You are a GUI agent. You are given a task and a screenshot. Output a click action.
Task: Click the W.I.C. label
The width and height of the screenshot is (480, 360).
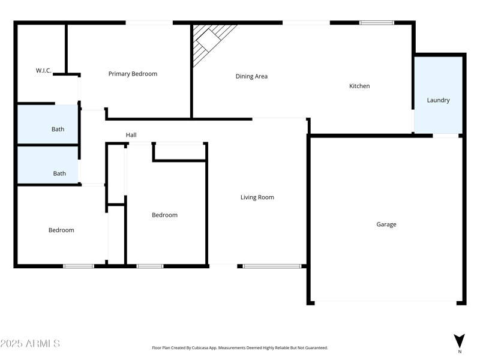click(43, 70)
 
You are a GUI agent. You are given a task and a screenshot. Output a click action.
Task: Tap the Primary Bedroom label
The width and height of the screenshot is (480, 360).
click(133, 74)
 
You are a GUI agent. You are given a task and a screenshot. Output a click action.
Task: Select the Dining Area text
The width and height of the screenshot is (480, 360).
click(251, 76)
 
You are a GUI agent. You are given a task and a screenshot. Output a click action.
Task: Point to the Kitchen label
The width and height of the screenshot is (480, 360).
click(359, 86)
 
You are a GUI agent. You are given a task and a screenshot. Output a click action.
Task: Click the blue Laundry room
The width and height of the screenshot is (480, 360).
click(438, 96)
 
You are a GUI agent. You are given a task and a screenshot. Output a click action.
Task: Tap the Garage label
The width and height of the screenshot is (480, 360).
click(386, 224)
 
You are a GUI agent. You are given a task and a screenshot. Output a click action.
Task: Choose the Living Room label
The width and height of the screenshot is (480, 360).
click(257, 197)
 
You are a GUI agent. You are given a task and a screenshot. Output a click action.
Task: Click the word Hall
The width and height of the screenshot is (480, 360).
click(131, 135)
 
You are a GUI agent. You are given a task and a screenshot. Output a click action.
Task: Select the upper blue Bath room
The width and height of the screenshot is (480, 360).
click(48, 125)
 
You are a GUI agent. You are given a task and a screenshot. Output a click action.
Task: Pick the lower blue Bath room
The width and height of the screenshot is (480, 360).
click(48, 165)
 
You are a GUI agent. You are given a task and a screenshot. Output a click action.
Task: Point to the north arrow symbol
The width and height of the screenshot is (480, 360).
click(459, 340)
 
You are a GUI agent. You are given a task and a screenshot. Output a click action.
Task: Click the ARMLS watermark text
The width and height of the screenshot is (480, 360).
click(30, 344)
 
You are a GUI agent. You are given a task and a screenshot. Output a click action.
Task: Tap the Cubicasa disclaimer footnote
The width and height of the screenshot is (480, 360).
click(240, 347)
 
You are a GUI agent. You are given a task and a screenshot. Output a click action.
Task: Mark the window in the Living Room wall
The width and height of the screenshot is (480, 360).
click(272, 266)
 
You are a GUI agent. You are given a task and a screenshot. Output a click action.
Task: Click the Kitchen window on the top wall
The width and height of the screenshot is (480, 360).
click(376, 23)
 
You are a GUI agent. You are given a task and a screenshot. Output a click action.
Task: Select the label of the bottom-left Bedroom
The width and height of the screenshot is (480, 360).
click(61, 230)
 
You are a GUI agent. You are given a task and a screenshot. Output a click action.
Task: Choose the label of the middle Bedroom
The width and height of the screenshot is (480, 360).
click(164, 215)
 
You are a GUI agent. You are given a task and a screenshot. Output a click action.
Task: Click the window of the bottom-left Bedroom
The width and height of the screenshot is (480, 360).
click(79, 266)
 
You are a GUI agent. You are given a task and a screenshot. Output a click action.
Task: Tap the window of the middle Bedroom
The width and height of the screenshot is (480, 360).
click(149, 266)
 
